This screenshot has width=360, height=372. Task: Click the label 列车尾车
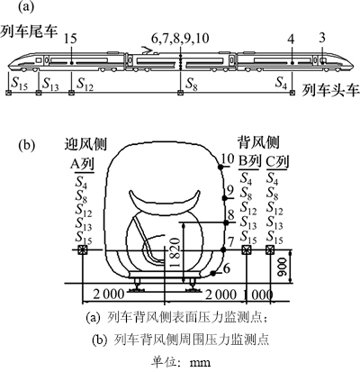(x=29, y=32)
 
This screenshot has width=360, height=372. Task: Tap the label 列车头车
(x=330, y=90)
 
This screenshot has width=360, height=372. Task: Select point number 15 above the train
(x=70, y=39)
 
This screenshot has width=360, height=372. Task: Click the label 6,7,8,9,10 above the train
(x=180, y=39)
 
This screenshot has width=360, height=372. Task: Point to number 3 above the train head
(x=322, y=39)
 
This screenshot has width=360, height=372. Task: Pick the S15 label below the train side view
(x=19, y=83)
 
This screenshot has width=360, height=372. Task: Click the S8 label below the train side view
(x=192, y=83)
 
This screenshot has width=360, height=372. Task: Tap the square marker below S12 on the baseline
(x=71, y=93)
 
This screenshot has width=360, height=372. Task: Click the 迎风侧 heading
(x=85, y=144)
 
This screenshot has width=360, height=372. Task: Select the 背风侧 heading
(x=258, y=142)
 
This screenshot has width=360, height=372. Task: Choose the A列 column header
(x=82, y=164)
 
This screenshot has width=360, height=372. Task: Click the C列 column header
(x=277, y=162)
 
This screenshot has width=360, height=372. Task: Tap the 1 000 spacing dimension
(x=258, y=295)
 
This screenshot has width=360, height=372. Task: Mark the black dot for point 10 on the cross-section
(x=221, y=168)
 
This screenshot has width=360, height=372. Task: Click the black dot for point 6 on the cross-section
(x=213, y=273)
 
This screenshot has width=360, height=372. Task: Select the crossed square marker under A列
(x=82, y=250)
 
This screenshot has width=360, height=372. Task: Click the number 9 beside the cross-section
(x=230, y=190)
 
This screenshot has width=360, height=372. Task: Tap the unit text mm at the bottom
(x=201, y=362)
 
